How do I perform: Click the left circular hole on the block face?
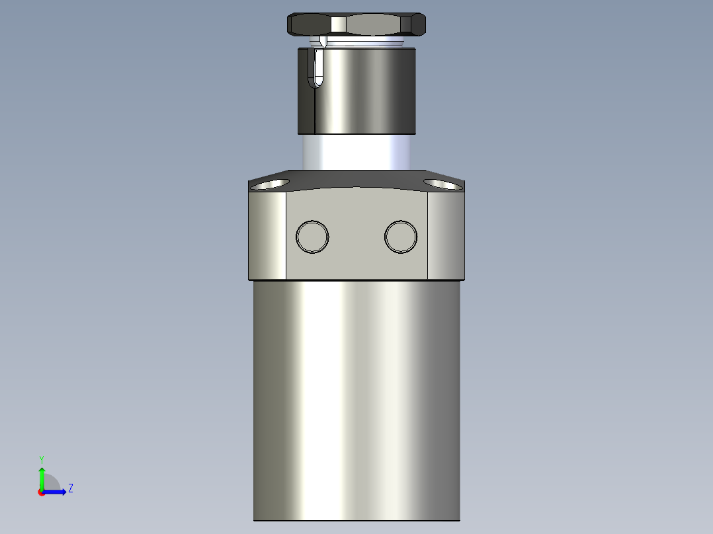pyautogui.click(x=312, y=236)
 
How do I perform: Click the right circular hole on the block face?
pyautogui.click(x=401, y=236)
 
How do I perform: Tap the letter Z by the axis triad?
pyautogui.click(x=70, y=488)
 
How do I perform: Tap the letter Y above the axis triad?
pyautogui.click(x=41, y=459)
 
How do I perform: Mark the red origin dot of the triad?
pyautogui.click(x=41, y=492)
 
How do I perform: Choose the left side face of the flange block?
pyautogui.click(x=267, y=235)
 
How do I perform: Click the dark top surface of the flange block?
pyautogui.click(x=357, y=179)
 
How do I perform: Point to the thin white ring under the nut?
pyautogui.click(x=364, y=42)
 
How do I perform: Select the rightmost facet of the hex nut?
pyautogui.click(x=419, y=24)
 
